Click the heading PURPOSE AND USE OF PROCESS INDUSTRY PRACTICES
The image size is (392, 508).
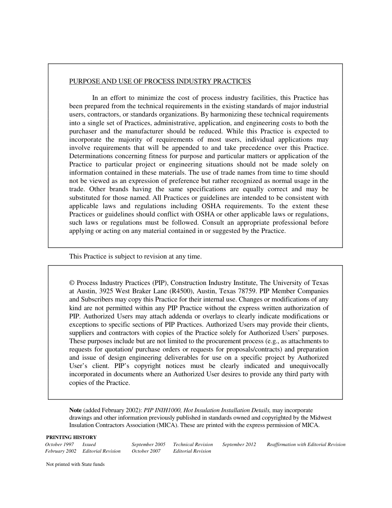pos(160,81)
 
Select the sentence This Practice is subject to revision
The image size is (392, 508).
pos(135,256)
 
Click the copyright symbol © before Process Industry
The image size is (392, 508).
pos(72,283)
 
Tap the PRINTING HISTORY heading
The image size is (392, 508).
pos(71,437)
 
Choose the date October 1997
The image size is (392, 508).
pos(59,444)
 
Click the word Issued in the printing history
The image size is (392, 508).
pos(89,444)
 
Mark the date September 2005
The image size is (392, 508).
pos(148,444)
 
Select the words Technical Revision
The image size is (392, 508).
pos(193,444)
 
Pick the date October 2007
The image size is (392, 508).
pos(146,451)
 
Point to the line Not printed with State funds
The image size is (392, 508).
pos(75,464)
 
